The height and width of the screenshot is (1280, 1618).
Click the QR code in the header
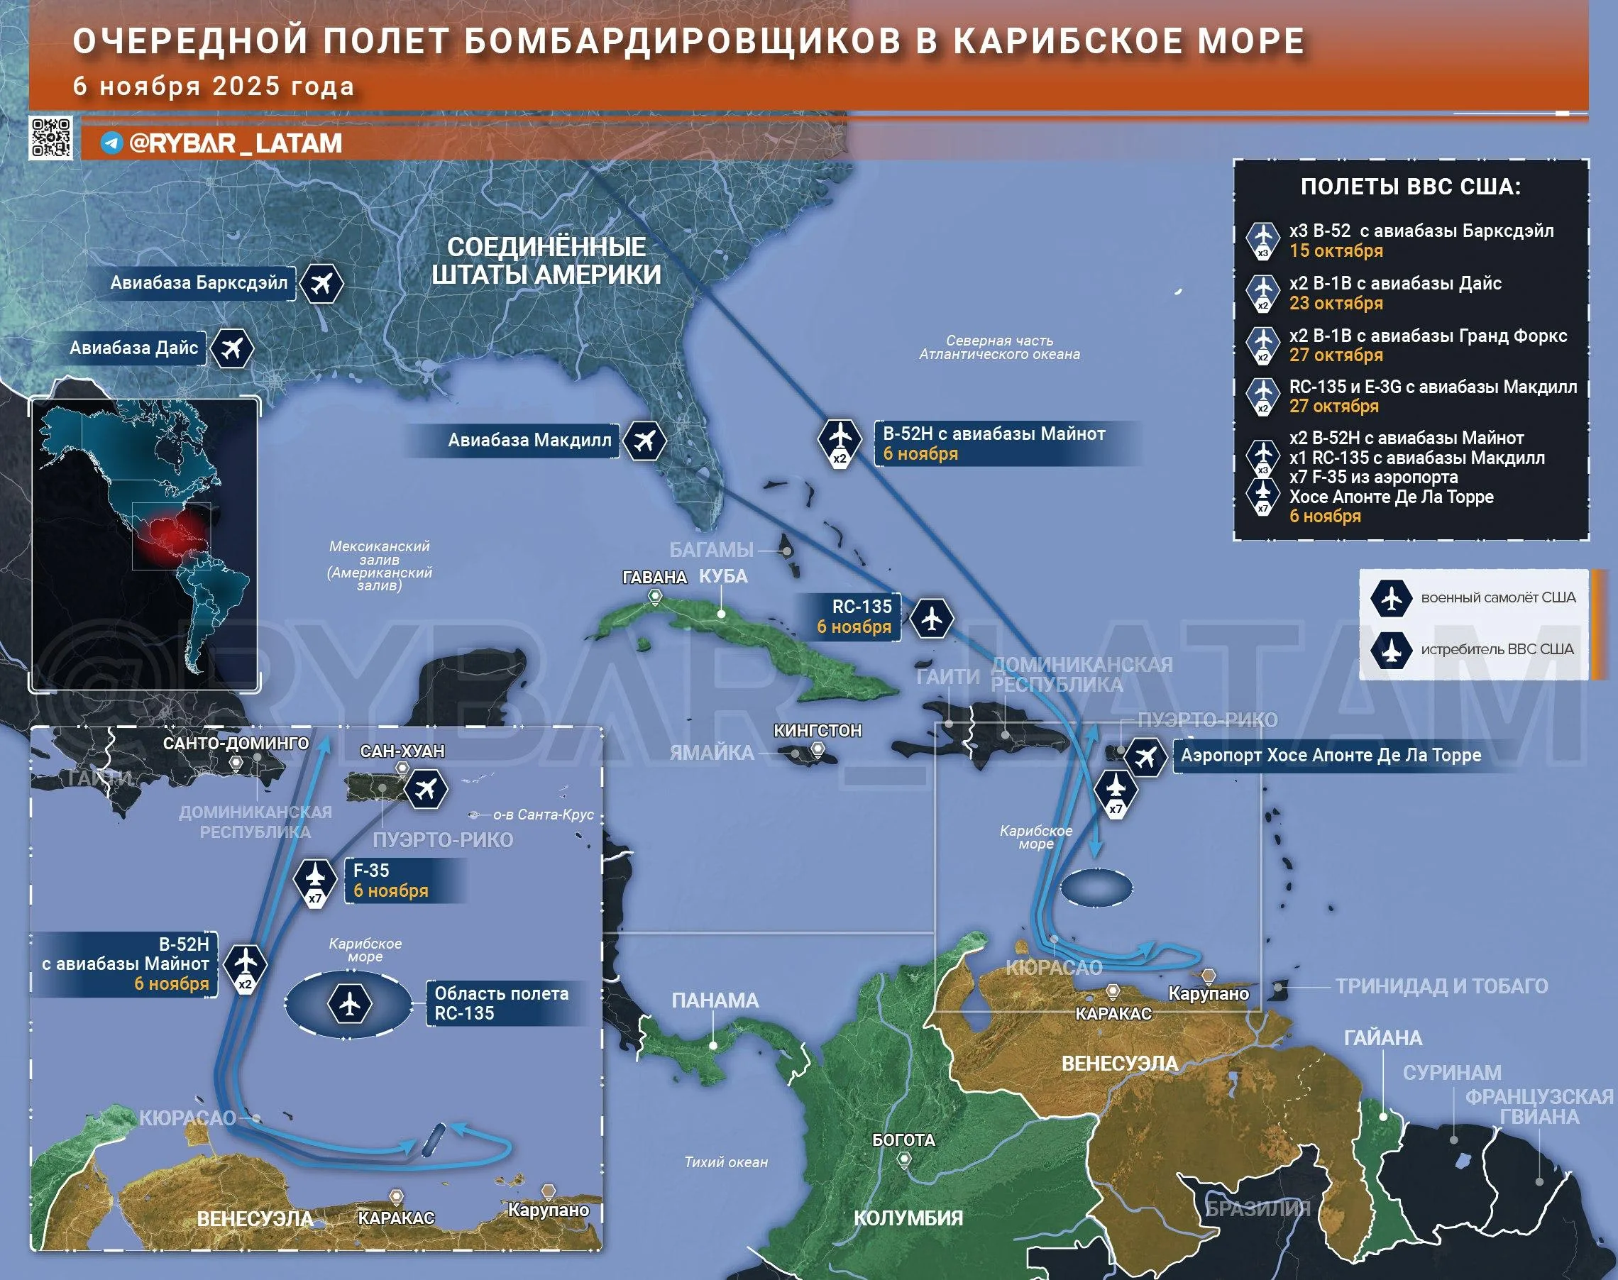pos(51,138)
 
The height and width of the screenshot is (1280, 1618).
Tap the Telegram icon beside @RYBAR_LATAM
pos(111,143)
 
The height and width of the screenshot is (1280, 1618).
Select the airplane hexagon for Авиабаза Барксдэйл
pos(322,284)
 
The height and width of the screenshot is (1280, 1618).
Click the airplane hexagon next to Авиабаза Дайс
pos(231,348)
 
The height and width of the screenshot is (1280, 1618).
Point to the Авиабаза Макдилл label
pos(529,441)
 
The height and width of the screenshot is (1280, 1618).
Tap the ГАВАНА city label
pos(654,577)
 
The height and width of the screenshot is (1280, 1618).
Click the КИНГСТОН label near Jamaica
pos(818,731)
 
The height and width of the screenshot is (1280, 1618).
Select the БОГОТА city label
pos(904,1140)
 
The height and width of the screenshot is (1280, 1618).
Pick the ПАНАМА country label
pos(715,1000)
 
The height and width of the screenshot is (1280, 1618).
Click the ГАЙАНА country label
pos(1382,1038)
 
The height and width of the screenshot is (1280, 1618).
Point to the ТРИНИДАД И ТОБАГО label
pos(1441,986)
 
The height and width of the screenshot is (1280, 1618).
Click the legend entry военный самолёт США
pos(1497,598)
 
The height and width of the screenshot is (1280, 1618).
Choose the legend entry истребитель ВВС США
pos(1497,650)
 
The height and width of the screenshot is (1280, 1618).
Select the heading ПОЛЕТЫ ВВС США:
pos(1410,187)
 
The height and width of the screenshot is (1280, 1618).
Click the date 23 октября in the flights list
pos(1336,304)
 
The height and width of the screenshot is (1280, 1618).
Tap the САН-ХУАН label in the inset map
pos(402,751)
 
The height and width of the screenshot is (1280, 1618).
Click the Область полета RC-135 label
pos(501,1003)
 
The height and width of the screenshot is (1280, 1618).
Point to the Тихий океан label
pos(726,1162)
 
